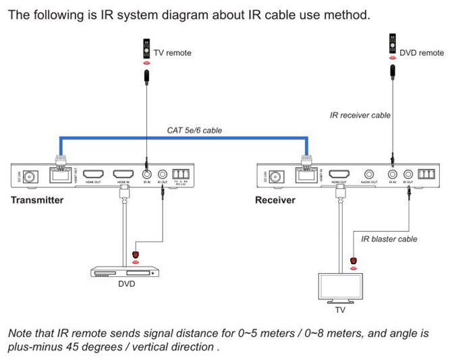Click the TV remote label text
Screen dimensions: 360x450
pos(173,53)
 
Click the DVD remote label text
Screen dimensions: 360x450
pos(422,53)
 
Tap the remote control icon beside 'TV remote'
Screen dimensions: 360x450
pos(144,49)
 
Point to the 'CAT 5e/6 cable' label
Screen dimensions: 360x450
pos(194,130)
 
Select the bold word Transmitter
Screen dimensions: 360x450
pos(37,200)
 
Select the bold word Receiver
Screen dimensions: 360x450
pos(275,200)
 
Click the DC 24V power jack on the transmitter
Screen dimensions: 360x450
pos(29,176)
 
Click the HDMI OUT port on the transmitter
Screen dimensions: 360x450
pos(93,175)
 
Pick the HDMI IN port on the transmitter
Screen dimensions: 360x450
pos(123,175)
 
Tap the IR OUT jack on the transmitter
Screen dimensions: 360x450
pos(162,175)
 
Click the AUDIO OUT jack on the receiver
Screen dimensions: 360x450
pos(369,175)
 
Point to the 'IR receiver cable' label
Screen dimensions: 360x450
pos(360,115)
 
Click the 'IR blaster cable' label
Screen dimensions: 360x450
pos(389,239)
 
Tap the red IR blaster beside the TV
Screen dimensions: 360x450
pos(354,261)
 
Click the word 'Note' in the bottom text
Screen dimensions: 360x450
pos(20,334)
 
